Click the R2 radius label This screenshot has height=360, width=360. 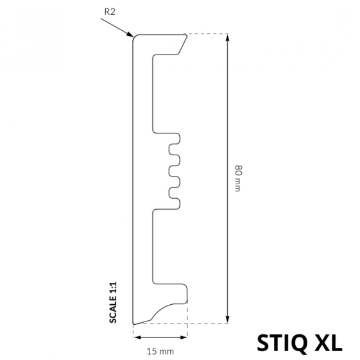tap(110, 12)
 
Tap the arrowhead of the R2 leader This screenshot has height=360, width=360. tap(130, 35)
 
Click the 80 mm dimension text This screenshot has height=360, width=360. tap(238, 178)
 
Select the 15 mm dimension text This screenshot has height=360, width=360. tap(160, 351)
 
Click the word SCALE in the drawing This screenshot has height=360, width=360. tap(113, 309)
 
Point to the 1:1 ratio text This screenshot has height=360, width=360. tap(113, 287)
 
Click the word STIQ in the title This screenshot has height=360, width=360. tap(282, 343)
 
